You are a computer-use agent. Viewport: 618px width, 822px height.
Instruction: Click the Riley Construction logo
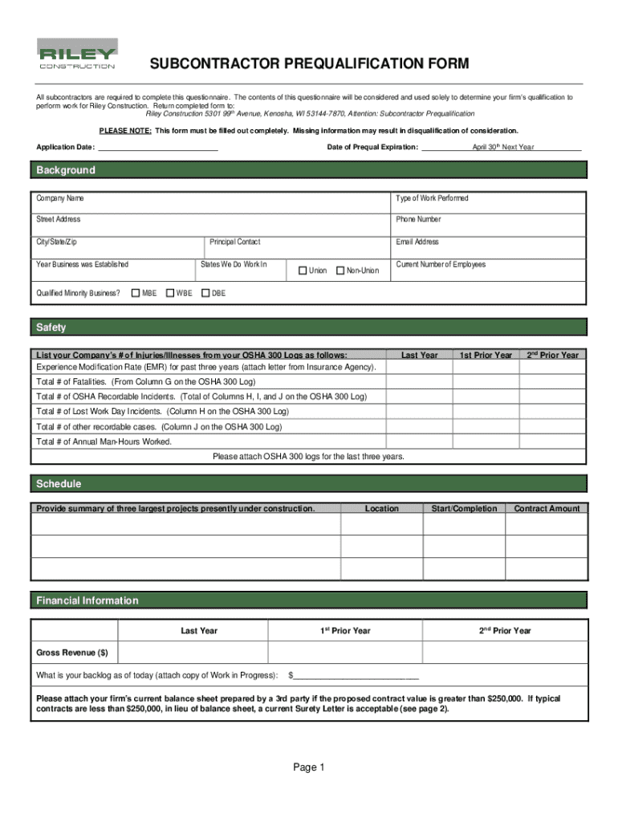click(x=77, y=54)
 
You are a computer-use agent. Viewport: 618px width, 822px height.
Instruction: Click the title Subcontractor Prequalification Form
click(x=297, y=64)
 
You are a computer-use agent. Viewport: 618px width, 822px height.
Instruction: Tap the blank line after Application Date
click(x=157, y=148)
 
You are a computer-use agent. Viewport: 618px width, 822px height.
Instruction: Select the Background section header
click(x=66, y=170)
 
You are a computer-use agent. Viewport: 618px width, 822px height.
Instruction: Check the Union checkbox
click(x=303, y=271)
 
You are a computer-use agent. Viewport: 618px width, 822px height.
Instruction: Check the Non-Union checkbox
click(x=339, y=271)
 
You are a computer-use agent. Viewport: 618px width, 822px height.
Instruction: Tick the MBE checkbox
click(x=135, y=293)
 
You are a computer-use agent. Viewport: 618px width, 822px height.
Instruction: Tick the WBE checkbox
click(x=169, y=293)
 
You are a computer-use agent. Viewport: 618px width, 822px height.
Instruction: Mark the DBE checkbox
click(x=205, y=293)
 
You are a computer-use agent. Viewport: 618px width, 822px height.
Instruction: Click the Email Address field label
click(x=417, y=242)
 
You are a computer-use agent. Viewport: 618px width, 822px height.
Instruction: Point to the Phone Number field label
click(x=418, y=219)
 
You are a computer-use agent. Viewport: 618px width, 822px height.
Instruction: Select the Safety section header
click(x=51, y=328)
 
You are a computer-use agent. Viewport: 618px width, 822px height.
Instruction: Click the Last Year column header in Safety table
click(x=419, y=355)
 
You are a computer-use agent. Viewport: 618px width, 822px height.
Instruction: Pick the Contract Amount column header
click(x=547, y=508)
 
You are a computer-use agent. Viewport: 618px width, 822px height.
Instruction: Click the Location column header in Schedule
click(x=381, y=508)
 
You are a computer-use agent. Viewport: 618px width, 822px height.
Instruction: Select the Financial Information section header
click(x=87, y=600)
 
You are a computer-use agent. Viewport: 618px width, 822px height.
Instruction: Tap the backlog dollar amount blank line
click(x=356, y=675)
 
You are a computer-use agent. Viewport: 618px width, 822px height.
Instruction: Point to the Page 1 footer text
click(x=308, y=768)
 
